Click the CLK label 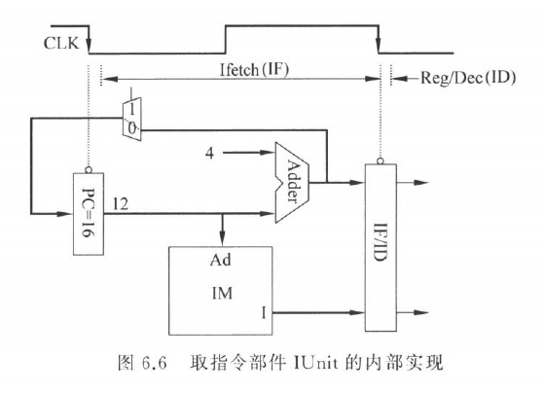(61, 43)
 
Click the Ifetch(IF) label (254, 70)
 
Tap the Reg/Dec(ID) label (468, 78)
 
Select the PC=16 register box (89, 214)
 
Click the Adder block (292, 182)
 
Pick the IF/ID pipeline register (381, 248)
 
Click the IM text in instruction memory (222, 294)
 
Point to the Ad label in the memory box (220, 260)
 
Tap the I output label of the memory (264, 313)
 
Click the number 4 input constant (209, 153)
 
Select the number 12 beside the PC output (121, 204)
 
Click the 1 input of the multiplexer (131, 110)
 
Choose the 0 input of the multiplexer (131, 128)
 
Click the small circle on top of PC (89, 169)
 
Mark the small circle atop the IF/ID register (381, 161)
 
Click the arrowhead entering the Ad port (223, 240)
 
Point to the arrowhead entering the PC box (65, 214)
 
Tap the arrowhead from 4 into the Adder (268, 153)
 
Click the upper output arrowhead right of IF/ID (421, 183)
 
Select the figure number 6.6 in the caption (155, 364)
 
